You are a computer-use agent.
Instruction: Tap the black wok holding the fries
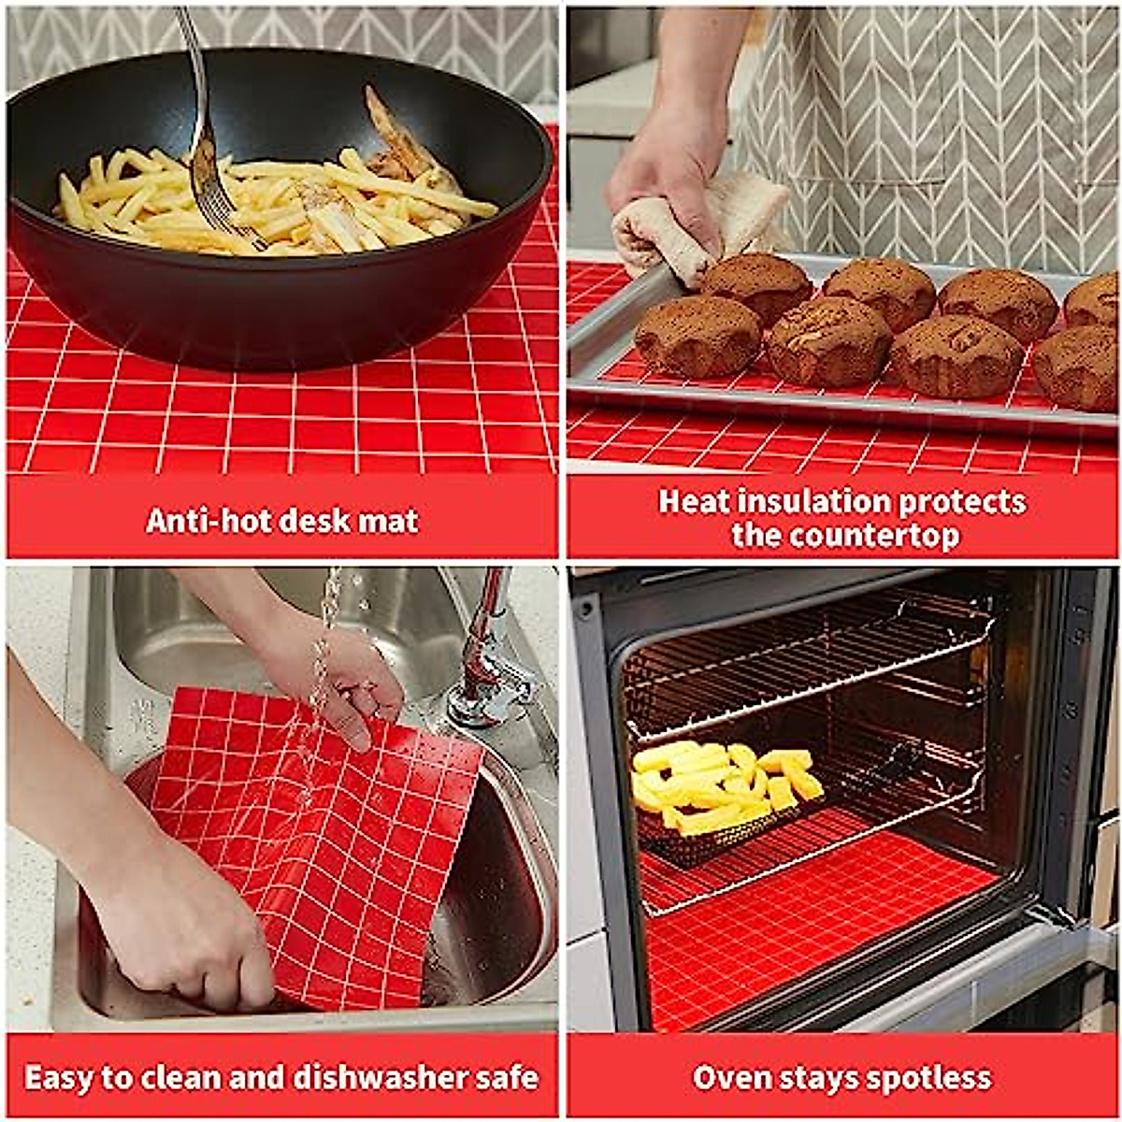tap(280, 299)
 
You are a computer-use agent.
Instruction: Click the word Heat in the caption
tap(694, 502)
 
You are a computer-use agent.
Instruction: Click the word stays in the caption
tap(820, 1078)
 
